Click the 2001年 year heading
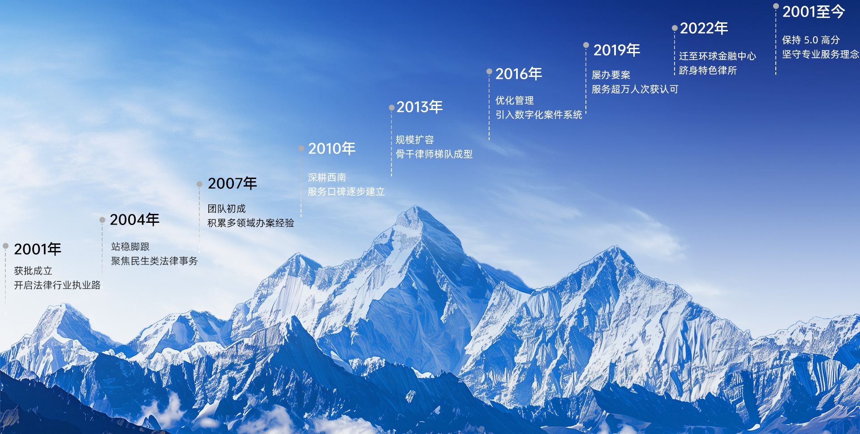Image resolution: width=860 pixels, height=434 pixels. click(x=38, y=249)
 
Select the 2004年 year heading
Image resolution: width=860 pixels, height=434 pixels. click(x=134, y=220)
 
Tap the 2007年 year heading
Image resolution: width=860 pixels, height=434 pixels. click(x=232, y=183)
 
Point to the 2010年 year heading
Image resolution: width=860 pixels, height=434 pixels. click(x=331, y=149)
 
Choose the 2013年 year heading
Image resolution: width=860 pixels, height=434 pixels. click(x=419, y=107)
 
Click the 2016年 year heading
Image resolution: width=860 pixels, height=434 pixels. click(x=519, y=74)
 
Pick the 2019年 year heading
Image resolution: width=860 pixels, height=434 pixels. click(x=617, y=50)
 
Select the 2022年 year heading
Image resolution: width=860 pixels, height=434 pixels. click(x=704, y=28)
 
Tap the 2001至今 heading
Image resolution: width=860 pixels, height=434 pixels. click(x=813, y=12)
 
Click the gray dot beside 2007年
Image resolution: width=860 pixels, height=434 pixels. click(x=199, y=184)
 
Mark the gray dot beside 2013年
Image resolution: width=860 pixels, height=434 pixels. click(x=391, y=107)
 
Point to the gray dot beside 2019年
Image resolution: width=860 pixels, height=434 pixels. click(x=586, y=45)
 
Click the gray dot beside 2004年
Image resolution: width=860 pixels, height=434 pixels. click(x=102, y=220)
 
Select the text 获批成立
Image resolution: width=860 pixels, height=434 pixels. click(x=33, y=271)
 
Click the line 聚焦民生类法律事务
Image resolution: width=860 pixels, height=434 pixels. click(x=154, y=261)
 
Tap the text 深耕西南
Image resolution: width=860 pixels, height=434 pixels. click(x=327, y=178)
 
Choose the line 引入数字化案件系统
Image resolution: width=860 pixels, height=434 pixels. click(x=538, y=115)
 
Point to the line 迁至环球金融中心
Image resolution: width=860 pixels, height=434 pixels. click(x=717, y=56)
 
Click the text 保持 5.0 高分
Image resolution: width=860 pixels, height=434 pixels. click(x=811, y=40)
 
